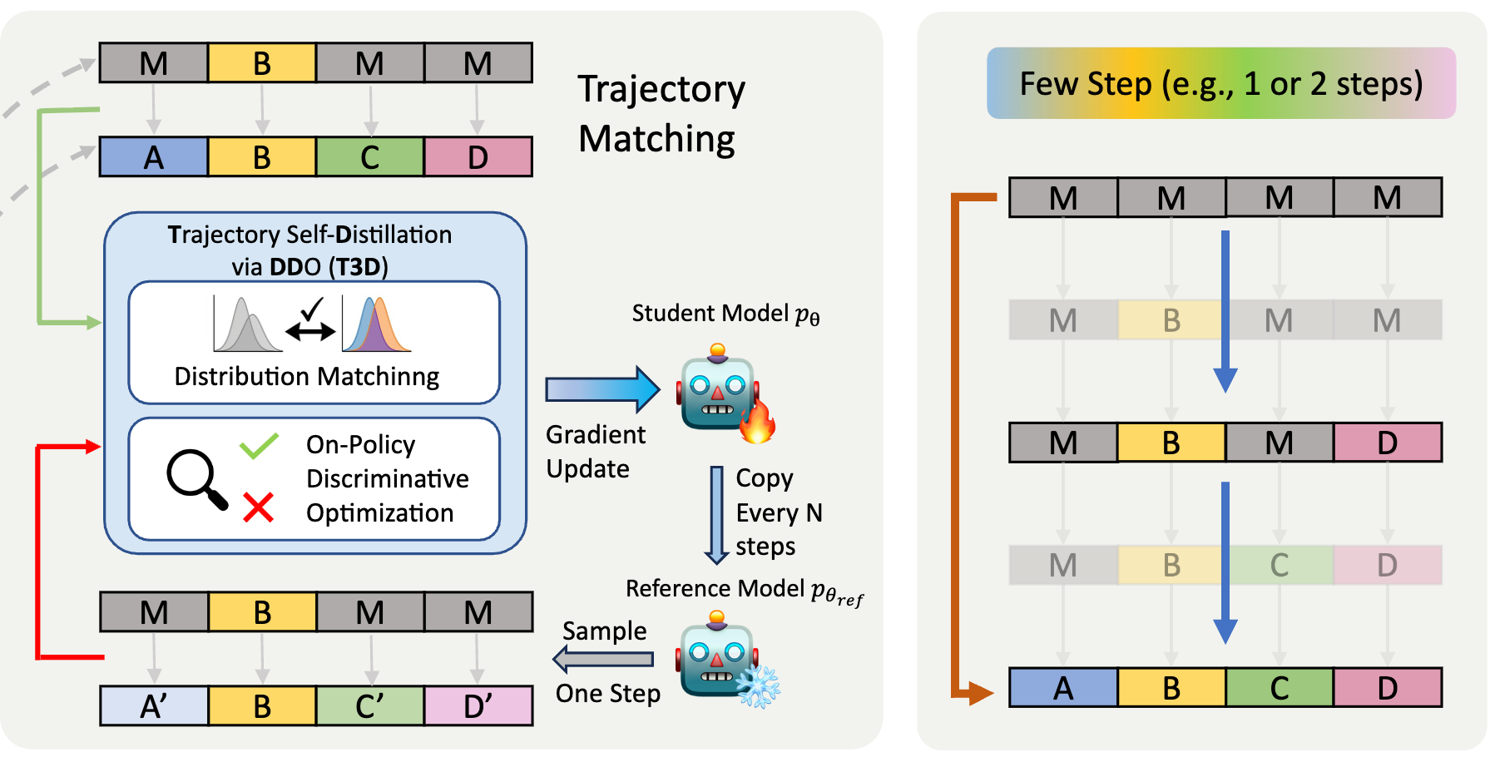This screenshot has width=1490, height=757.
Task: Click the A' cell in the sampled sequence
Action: pos(154,705)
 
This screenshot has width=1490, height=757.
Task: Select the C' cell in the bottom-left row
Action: pos(370,705)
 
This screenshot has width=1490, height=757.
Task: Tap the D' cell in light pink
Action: pos(478,705)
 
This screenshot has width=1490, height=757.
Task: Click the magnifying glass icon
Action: pos(196,479)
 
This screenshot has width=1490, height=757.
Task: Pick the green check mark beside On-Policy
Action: pos(259,446)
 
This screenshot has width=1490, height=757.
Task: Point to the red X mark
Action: pos(258,507)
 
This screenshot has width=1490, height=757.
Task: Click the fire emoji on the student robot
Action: pos(757,422)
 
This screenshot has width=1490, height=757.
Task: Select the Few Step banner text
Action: pos(1220,83)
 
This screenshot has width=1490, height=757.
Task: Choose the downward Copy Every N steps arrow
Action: pos(716,515)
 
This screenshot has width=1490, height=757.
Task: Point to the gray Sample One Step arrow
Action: pos(603,660)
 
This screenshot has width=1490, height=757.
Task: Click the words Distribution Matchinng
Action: pos(306,377)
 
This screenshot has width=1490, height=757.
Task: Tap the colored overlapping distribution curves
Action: pos(376,325)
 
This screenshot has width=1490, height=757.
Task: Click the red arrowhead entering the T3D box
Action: pos(92,447)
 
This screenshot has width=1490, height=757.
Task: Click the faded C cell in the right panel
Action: pos(1279,566)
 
